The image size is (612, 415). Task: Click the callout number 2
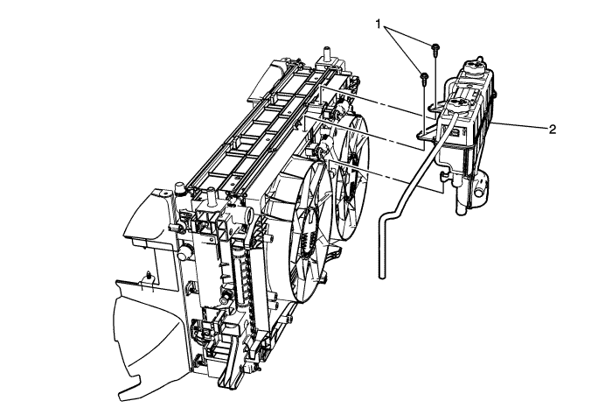pos(553,129)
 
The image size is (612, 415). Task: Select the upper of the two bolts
pos(435,46)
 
